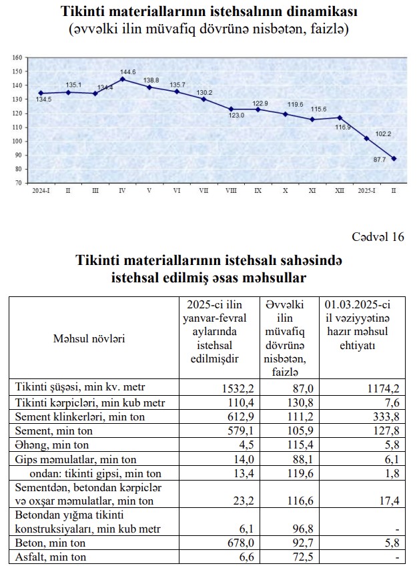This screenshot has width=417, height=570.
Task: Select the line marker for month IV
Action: tap(123, 79)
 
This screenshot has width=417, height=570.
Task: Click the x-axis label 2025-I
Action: tap(366, 191)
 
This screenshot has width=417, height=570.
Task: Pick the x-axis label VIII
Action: tap(231, 191)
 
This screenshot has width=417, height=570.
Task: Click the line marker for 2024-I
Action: tap(41, 93)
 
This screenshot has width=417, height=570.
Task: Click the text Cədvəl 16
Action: tap(378, 237)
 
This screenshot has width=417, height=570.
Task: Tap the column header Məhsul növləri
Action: tap(89, 338)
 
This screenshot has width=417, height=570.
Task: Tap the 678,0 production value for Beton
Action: tap(230, 543)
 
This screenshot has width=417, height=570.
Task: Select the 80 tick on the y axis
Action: tap(19, 169)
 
